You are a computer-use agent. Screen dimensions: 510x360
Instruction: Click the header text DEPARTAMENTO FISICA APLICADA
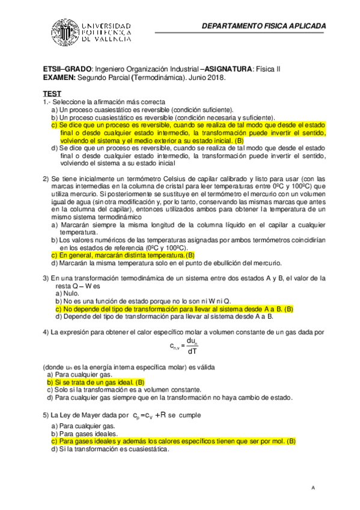point(264,26)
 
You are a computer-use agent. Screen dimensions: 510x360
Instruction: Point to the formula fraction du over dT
point(192,346)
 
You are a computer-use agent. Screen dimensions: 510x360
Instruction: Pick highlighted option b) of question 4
point(96,382)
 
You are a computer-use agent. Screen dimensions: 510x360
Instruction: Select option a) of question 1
point(133,110)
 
